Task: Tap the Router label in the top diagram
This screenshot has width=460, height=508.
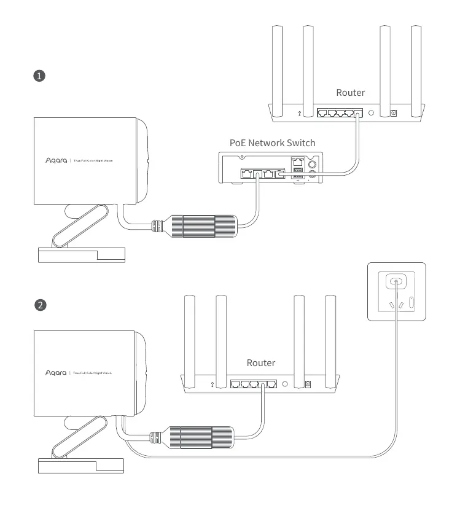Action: (x=350, y=93)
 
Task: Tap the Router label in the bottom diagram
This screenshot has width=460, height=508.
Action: (x=261, y=363)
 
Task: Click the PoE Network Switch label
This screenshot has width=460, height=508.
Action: (x=272, y=143)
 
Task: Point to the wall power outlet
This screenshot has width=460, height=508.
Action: (x=396, y=292)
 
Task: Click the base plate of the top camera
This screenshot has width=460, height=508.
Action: (x=82, y=254)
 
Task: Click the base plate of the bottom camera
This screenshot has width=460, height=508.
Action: (x=82, y=466)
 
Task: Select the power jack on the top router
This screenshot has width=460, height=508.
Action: (x=394, y=114)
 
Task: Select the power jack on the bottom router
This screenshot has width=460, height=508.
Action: (x=308, y=385)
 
